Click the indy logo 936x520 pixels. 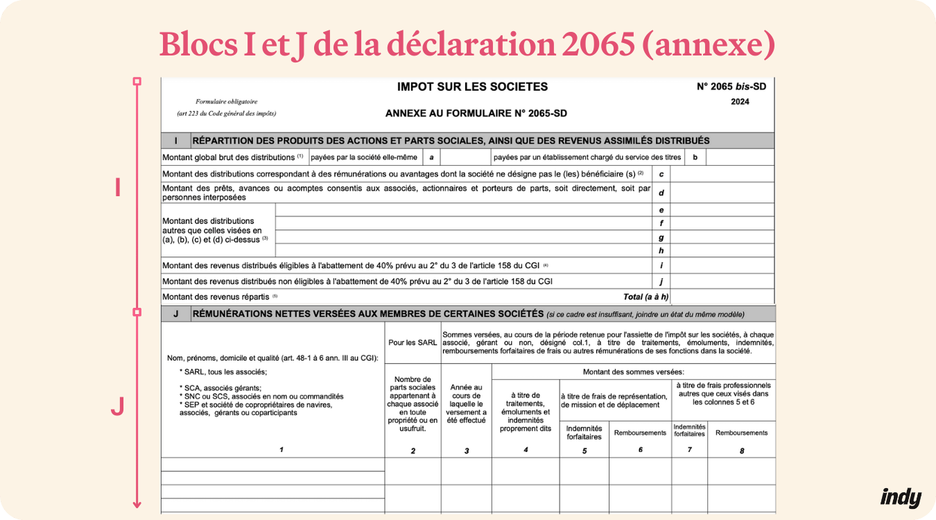(901, 497)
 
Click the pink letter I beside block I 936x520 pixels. (118, 187)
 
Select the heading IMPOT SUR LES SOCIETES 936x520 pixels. (472, 87)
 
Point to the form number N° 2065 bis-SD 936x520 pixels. (735, 87)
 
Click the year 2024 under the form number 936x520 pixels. (740, 102)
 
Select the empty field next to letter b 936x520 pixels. (739, 157)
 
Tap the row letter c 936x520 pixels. (661, 173)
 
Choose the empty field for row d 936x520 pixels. (722, 192)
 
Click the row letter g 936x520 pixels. (661, 237)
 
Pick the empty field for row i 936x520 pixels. (722, 265)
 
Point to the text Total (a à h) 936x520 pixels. (646, 297)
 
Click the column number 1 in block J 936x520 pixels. (281, 449)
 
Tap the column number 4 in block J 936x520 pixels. (526, 449)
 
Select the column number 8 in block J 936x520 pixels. (741, 451)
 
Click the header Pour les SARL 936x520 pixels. (413, 343)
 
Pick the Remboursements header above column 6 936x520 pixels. (640, 433)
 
